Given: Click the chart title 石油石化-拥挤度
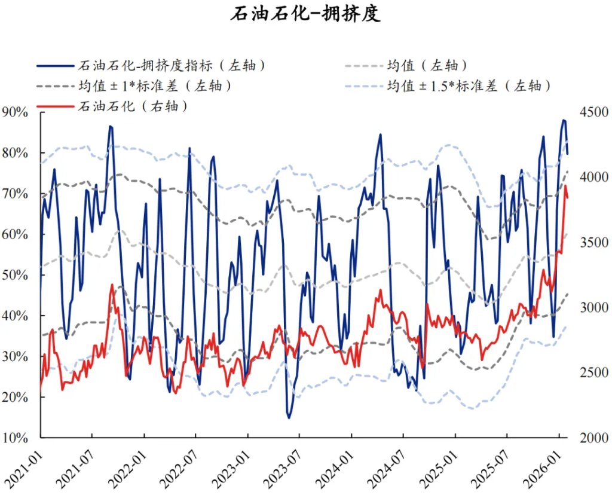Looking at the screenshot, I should (305, 14).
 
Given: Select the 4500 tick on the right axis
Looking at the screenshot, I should (592, 112).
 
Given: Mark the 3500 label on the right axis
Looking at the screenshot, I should (592, 242).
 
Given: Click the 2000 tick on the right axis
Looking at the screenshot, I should (592, 437).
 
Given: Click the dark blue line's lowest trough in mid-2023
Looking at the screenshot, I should (289, 418).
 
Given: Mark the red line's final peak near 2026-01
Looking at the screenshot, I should (565, 186).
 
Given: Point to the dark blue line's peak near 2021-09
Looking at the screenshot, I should (110, 126).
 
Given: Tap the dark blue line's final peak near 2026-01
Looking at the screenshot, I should (564, 120).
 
